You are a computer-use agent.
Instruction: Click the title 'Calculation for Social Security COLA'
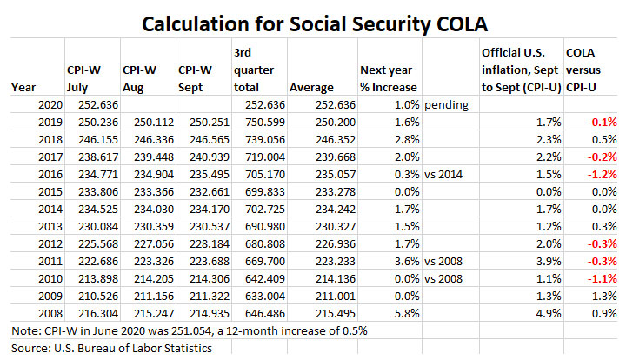coord(312,18)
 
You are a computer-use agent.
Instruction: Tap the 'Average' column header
coord(312,87)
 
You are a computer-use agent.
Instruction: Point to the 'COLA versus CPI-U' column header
coord(591,69)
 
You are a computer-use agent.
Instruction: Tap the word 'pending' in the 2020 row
coord(446,105)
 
